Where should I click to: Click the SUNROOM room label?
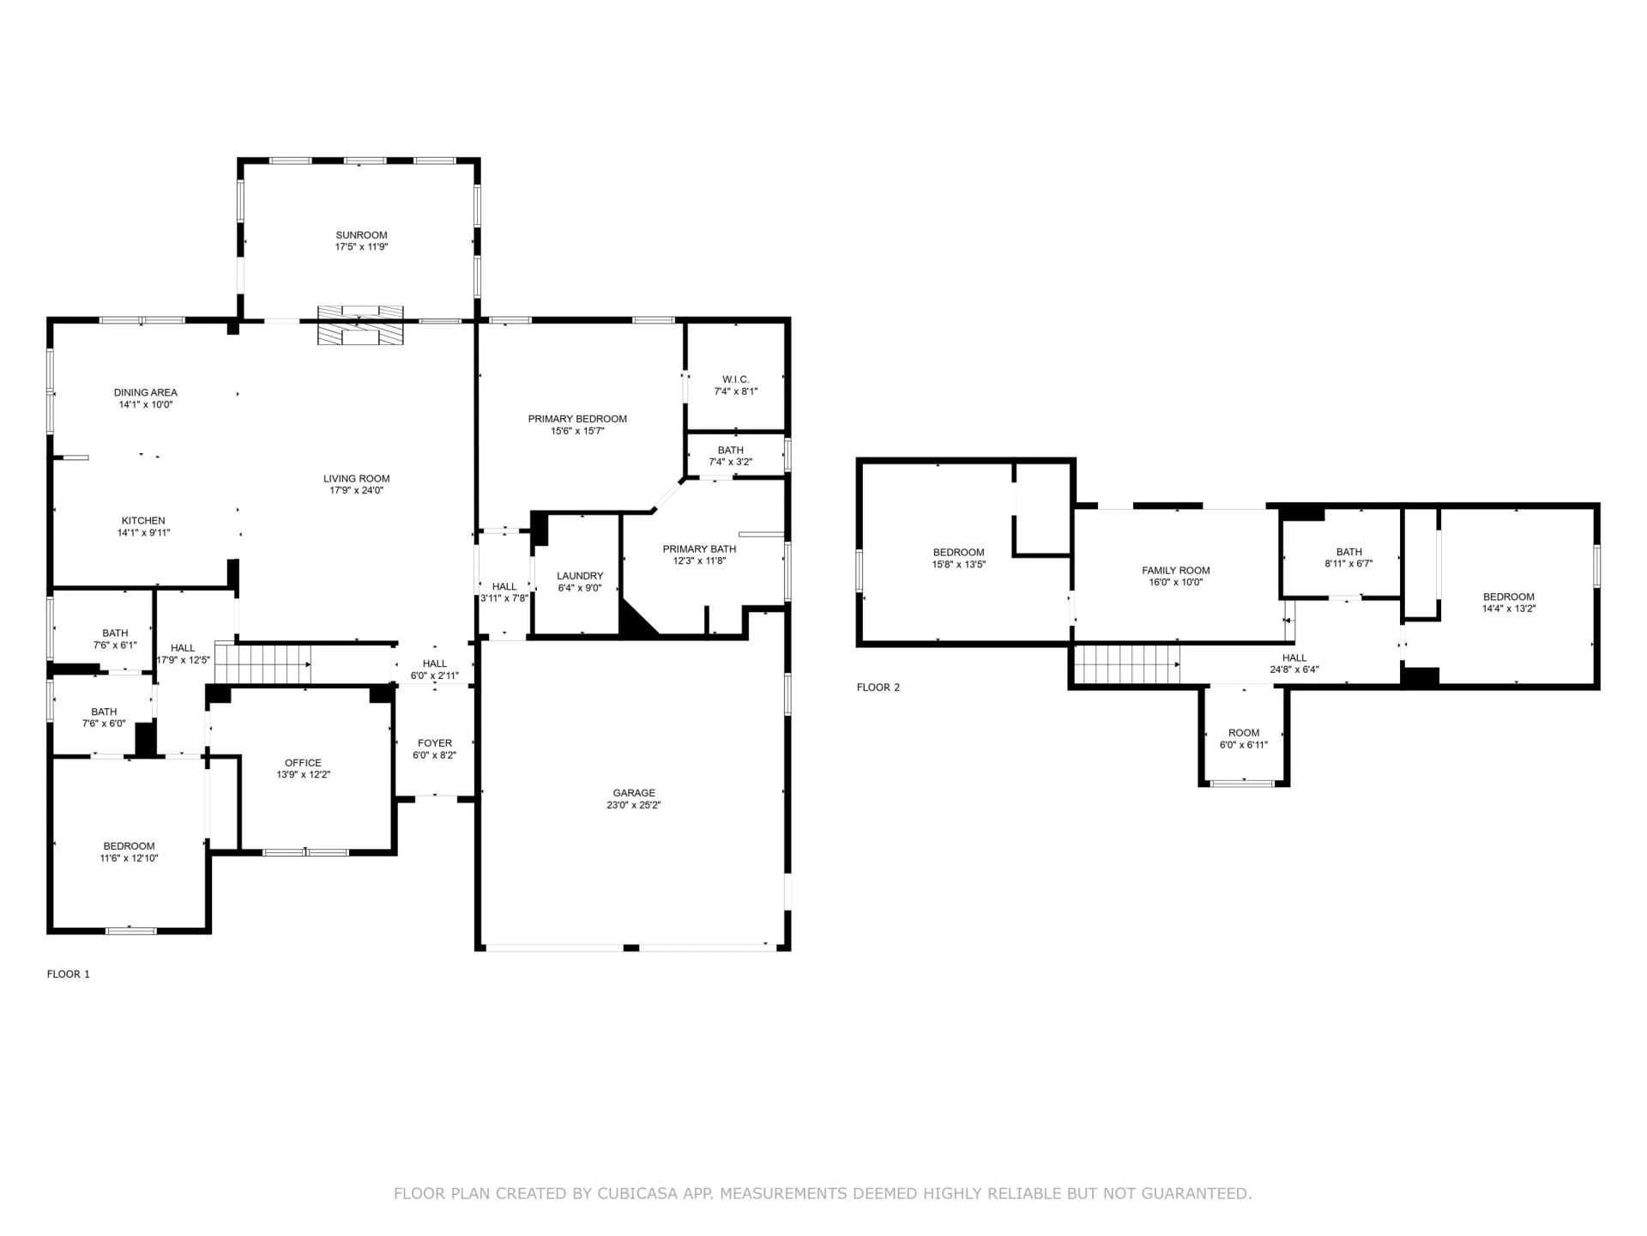361,235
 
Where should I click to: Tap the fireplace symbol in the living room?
360,325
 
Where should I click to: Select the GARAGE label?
634,793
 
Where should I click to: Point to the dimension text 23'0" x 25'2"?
634,805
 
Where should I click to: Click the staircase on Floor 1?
262,663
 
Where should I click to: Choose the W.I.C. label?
736,379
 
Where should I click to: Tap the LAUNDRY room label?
580,576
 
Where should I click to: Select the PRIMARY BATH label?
699,549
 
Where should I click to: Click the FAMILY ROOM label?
1176,571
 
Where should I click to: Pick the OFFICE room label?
304,763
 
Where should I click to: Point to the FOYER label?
435,743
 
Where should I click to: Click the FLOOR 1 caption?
68,974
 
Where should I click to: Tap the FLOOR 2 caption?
878,688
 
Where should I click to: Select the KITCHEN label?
143,521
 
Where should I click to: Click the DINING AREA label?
146,393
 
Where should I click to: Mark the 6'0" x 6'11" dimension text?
1244,745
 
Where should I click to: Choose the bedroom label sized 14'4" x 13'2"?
1509,597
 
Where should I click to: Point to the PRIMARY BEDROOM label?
577,419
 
